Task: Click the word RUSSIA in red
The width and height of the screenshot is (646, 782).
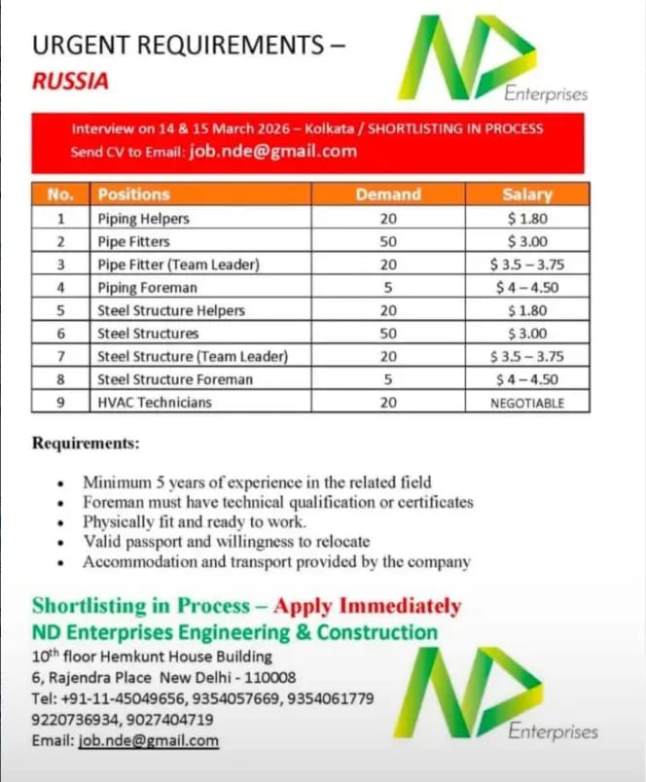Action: pyautogui.click(x=70, y=82)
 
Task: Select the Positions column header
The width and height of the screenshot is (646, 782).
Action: pyautogui.click(x=133, y=194)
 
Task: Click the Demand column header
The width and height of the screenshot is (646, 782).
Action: pyautogui.click(x=388, y=194)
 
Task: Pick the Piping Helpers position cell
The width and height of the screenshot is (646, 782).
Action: pyautogui.click(x=143, y=218)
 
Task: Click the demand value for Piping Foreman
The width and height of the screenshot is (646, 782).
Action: pyautogui.click(x=388, y=287)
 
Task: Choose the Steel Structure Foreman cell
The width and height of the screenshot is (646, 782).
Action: pyautogui.click(x=175, y=379)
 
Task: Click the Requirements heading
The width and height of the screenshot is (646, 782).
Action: pyautogui.click(x=86, y=444)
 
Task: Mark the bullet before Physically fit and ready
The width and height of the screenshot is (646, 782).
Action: pyautogui.click(x=62, y=522)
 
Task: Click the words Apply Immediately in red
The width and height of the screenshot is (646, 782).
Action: pyautogui.click(x=367, y=606)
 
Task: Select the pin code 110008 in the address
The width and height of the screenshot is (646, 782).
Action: pyautogui.click(x=265, y=677)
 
